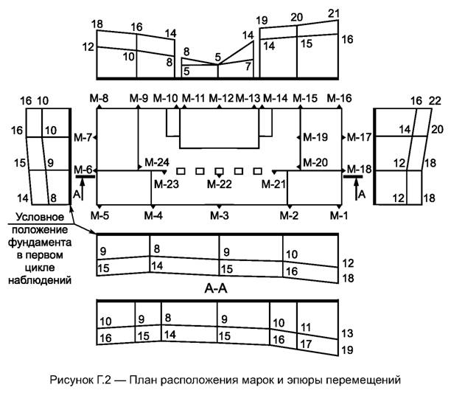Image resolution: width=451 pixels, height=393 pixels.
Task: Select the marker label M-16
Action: (x=340, y=98)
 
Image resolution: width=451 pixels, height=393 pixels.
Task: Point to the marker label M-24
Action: (x=157, y=162)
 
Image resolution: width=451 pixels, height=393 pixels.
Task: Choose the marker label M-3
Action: (x=219, y=215)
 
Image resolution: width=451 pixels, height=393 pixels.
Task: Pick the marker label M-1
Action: (x=338, y=215)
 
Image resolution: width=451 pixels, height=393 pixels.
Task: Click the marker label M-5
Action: (x=99, y=215)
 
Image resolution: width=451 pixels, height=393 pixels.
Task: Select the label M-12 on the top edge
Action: (x=221, y=98)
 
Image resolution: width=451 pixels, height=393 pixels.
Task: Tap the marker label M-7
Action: (x=83, y=138)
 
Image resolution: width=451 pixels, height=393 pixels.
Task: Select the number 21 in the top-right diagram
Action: (x=333, y=13)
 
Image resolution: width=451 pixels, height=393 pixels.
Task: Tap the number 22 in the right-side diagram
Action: (x=434, y=101)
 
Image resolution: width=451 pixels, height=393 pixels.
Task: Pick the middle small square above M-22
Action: (x=219, y=170)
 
